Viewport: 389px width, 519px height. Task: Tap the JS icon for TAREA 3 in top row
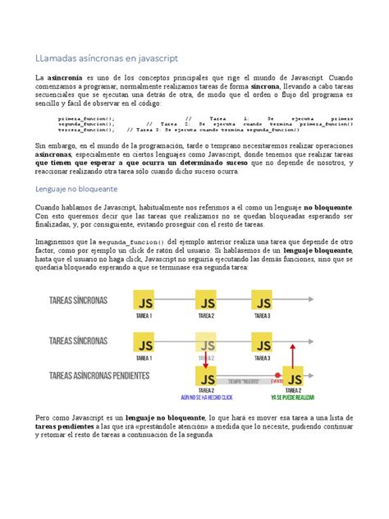262,300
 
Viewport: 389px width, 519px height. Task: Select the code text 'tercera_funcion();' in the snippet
85,130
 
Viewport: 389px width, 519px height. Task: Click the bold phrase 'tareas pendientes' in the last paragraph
67,428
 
